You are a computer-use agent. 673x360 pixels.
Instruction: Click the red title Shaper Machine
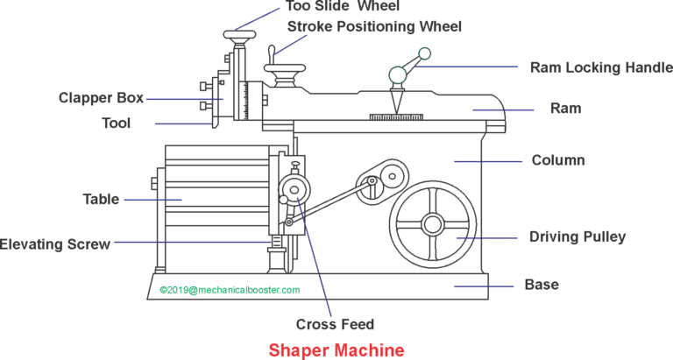[336, 349]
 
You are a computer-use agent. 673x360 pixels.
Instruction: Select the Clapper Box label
[102, 98]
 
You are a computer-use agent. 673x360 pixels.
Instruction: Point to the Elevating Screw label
[54, 244]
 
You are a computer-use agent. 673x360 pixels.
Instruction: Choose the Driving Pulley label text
[577, 236]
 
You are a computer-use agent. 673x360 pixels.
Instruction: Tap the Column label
[558, 160]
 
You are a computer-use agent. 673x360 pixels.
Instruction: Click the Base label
[541, 285]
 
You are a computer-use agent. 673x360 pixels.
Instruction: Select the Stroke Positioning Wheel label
[374, 26]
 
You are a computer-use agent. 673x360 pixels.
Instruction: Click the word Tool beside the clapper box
[116, 124]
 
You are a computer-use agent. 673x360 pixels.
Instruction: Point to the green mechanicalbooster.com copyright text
[230, 290]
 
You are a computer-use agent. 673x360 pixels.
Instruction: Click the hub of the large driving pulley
[432, 223]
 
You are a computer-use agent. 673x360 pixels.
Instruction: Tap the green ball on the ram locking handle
[424, 54]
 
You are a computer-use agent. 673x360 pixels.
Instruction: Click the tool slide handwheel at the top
[237, 36]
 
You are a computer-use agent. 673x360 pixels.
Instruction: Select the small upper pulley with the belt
[372, 182]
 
